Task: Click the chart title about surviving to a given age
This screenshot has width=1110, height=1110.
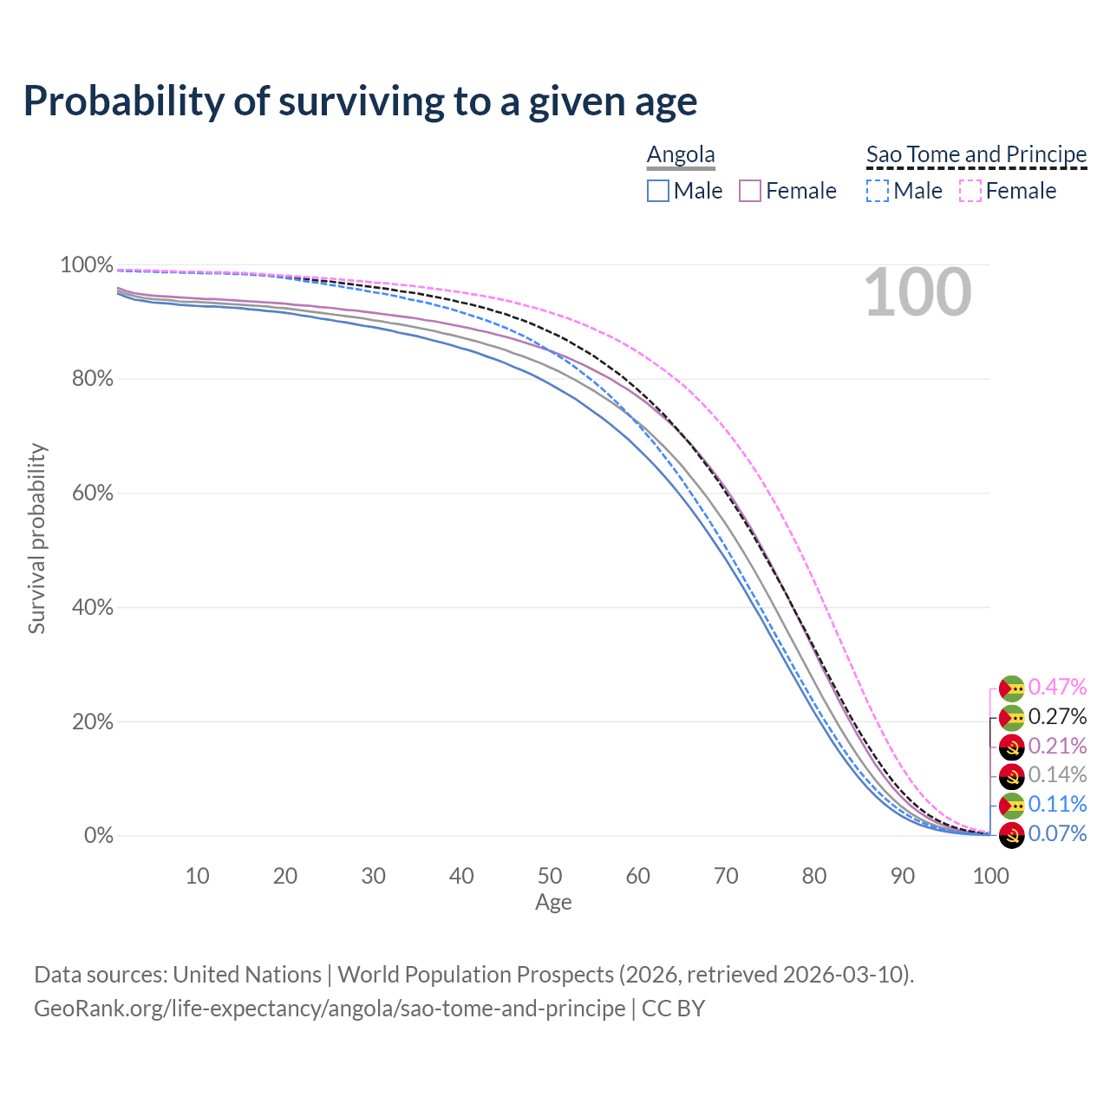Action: (x=360, y=101)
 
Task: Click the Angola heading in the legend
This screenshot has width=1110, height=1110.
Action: (x=681, y=154)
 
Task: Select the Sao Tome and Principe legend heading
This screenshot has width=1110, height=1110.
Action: (x=976, y=154)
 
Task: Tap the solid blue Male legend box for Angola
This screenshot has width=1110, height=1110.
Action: (x=658, y=191)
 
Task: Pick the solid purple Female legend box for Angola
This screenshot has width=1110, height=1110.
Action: (x=750, y=191)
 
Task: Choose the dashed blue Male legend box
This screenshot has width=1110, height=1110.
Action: (x=878, y=191)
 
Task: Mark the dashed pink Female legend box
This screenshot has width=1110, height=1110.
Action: (x=970, y=191)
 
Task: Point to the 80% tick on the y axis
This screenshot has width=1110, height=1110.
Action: (x=87, y=379)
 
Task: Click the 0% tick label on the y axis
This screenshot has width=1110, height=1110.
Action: (x=98, y=836)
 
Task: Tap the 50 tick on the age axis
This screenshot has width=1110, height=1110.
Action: (x=550, y=876)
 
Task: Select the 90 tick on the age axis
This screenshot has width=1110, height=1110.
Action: (x=903, y=876)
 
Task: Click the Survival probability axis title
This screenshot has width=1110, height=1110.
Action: (x=36, y=539)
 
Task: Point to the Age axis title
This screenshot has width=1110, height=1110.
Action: (x=553, y=903)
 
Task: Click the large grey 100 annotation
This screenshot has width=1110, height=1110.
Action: (x=917, y=293)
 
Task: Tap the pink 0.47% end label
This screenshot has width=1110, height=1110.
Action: (x=1057, y=688)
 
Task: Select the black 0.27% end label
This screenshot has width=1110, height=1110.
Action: (x=1057, y=717)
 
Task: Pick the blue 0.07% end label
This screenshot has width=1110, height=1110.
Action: (x=1057, y=834)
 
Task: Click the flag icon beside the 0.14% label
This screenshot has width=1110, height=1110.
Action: (x=1011, y=776)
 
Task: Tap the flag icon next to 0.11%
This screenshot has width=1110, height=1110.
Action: (x=1011, y=806)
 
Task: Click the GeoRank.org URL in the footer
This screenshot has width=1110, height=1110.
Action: (x=330, y=1009)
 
